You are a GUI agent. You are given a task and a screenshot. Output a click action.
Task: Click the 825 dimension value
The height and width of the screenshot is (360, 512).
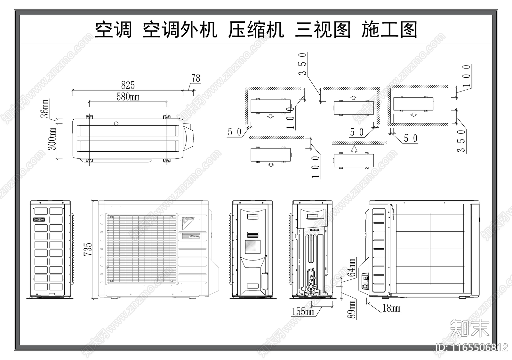(128, 85)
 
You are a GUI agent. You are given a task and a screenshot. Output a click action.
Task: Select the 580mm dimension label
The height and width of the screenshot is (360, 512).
(128, 97)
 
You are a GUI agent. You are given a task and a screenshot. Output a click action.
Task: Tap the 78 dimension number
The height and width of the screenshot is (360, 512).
(196, 78)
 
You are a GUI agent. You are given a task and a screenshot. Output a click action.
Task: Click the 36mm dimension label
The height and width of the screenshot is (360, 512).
(45, 108)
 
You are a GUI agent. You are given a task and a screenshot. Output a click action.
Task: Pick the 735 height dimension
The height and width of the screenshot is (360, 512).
(88, 249)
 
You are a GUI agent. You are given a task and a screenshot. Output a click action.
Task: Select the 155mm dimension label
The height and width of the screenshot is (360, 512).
(303, 311)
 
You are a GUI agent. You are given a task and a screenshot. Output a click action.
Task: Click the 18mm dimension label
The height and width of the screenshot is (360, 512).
(391, 308)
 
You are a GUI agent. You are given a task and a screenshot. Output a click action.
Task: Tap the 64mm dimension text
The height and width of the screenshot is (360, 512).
(352, 268)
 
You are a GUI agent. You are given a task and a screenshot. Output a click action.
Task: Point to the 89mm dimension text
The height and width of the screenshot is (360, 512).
(352, 309)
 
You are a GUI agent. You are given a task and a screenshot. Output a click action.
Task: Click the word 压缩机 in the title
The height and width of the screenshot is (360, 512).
(256, 30)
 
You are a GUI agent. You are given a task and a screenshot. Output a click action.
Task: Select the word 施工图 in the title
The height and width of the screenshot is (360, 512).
(389, 30)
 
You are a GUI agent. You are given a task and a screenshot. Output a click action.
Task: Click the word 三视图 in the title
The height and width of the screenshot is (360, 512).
(323, 30)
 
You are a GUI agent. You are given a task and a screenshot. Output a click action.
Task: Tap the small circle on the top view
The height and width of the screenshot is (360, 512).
(116, 123)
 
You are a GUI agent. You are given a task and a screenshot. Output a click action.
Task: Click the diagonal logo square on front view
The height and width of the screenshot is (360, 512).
(188, 223)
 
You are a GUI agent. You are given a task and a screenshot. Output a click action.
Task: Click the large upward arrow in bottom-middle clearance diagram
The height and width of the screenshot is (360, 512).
(354, 149)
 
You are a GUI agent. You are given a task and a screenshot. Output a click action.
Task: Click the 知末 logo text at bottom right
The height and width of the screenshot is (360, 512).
(470, 328)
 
